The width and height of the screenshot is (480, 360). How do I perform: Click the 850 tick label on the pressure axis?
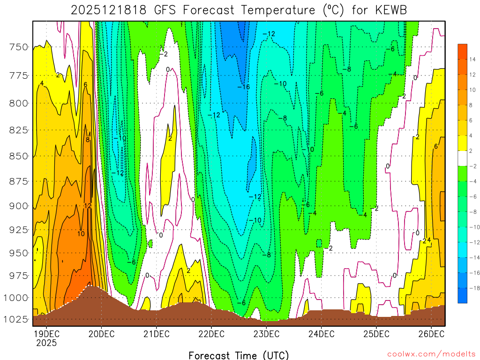(18, 156)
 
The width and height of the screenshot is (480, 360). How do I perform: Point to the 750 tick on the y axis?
(18, 47)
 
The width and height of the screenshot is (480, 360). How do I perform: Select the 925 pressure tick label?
(18, 230)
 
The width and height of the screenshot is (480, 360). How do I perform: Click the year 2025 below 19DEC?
(46, 343)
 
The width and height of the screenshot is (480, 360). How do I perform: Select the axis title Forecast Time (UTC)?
(239, 355)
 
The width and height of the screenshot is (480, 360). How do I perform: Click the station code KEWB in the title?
(391, 10)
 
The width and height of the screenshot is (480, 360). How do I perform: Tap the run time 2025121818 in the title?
(110, 10)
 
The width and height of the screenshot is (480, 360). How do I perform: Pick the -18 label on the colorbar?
(472, 288)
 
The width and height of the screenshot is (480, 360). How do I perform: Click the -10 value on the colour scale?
(472, 227)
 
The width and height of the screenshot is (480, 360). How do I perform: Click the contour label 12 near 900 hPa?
(88, 206)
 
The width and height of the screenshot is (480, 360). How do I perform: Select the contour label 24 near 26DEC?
(427, 241)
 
